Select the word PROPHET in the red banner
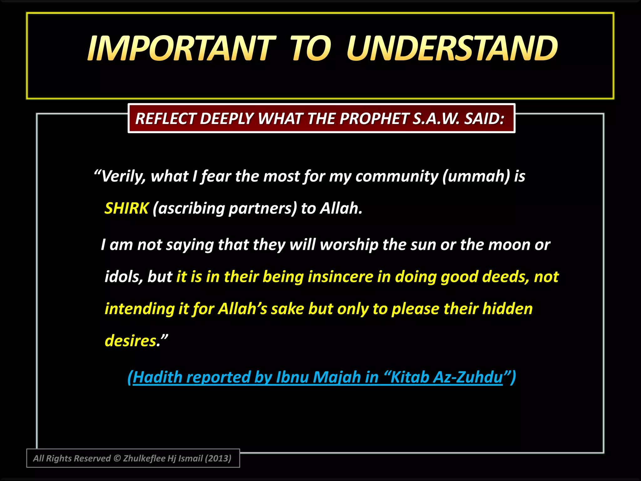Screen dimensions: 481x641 [x=374, y=119]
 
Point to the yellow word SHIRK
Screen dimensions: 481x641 [x=126, y=208]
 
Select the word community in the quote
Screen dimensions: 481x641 [x=397, y=176]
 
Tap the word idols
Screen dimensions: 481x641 [x=124, y=277]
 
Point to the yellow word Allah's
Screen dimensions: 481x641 [x=243, y=309]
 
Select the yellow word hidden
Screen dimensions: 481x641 [x=507, y=309]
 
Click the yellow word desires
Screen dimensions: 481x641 [x=131, y=341]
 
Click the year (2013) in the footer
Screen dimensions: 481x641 [x=218, y=458]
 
